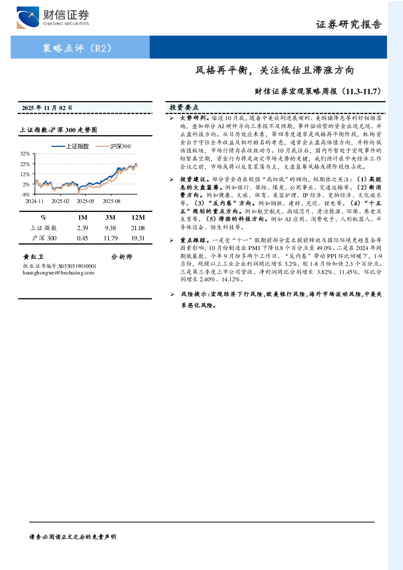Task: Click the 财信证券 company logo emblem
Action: point(28,17)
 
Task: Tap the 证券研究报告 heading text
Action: point(349,25)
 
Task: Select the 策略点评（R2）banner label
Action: point(77,48)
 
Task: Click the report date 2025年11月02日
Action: point(47,108)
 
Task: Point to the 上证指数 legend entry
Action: point(70,146)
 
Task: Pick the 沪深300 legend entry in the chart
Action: point(113,146)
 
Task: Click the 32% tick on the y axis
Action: point(25,154)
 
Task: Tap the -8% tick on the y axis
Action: point(26,194)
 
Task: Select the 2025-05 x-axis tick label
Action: point(86,201)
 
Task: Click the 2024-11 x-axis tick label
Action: point(34,201)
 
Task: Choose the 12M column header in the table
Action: point(138,218)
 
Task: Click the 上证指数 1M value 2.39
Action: point(82,228)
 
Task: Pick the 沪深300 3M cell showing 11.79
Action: point(111,238)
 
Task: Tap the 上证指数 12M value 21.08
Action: point(138,228)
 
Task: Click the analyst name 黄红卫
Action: point(33,257)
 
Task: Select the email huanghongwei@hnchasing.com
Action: point(58,273)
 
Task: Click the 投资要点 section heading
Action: point(184,108)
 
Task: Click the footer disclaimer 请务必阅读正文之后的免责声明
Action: point(73,537)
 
